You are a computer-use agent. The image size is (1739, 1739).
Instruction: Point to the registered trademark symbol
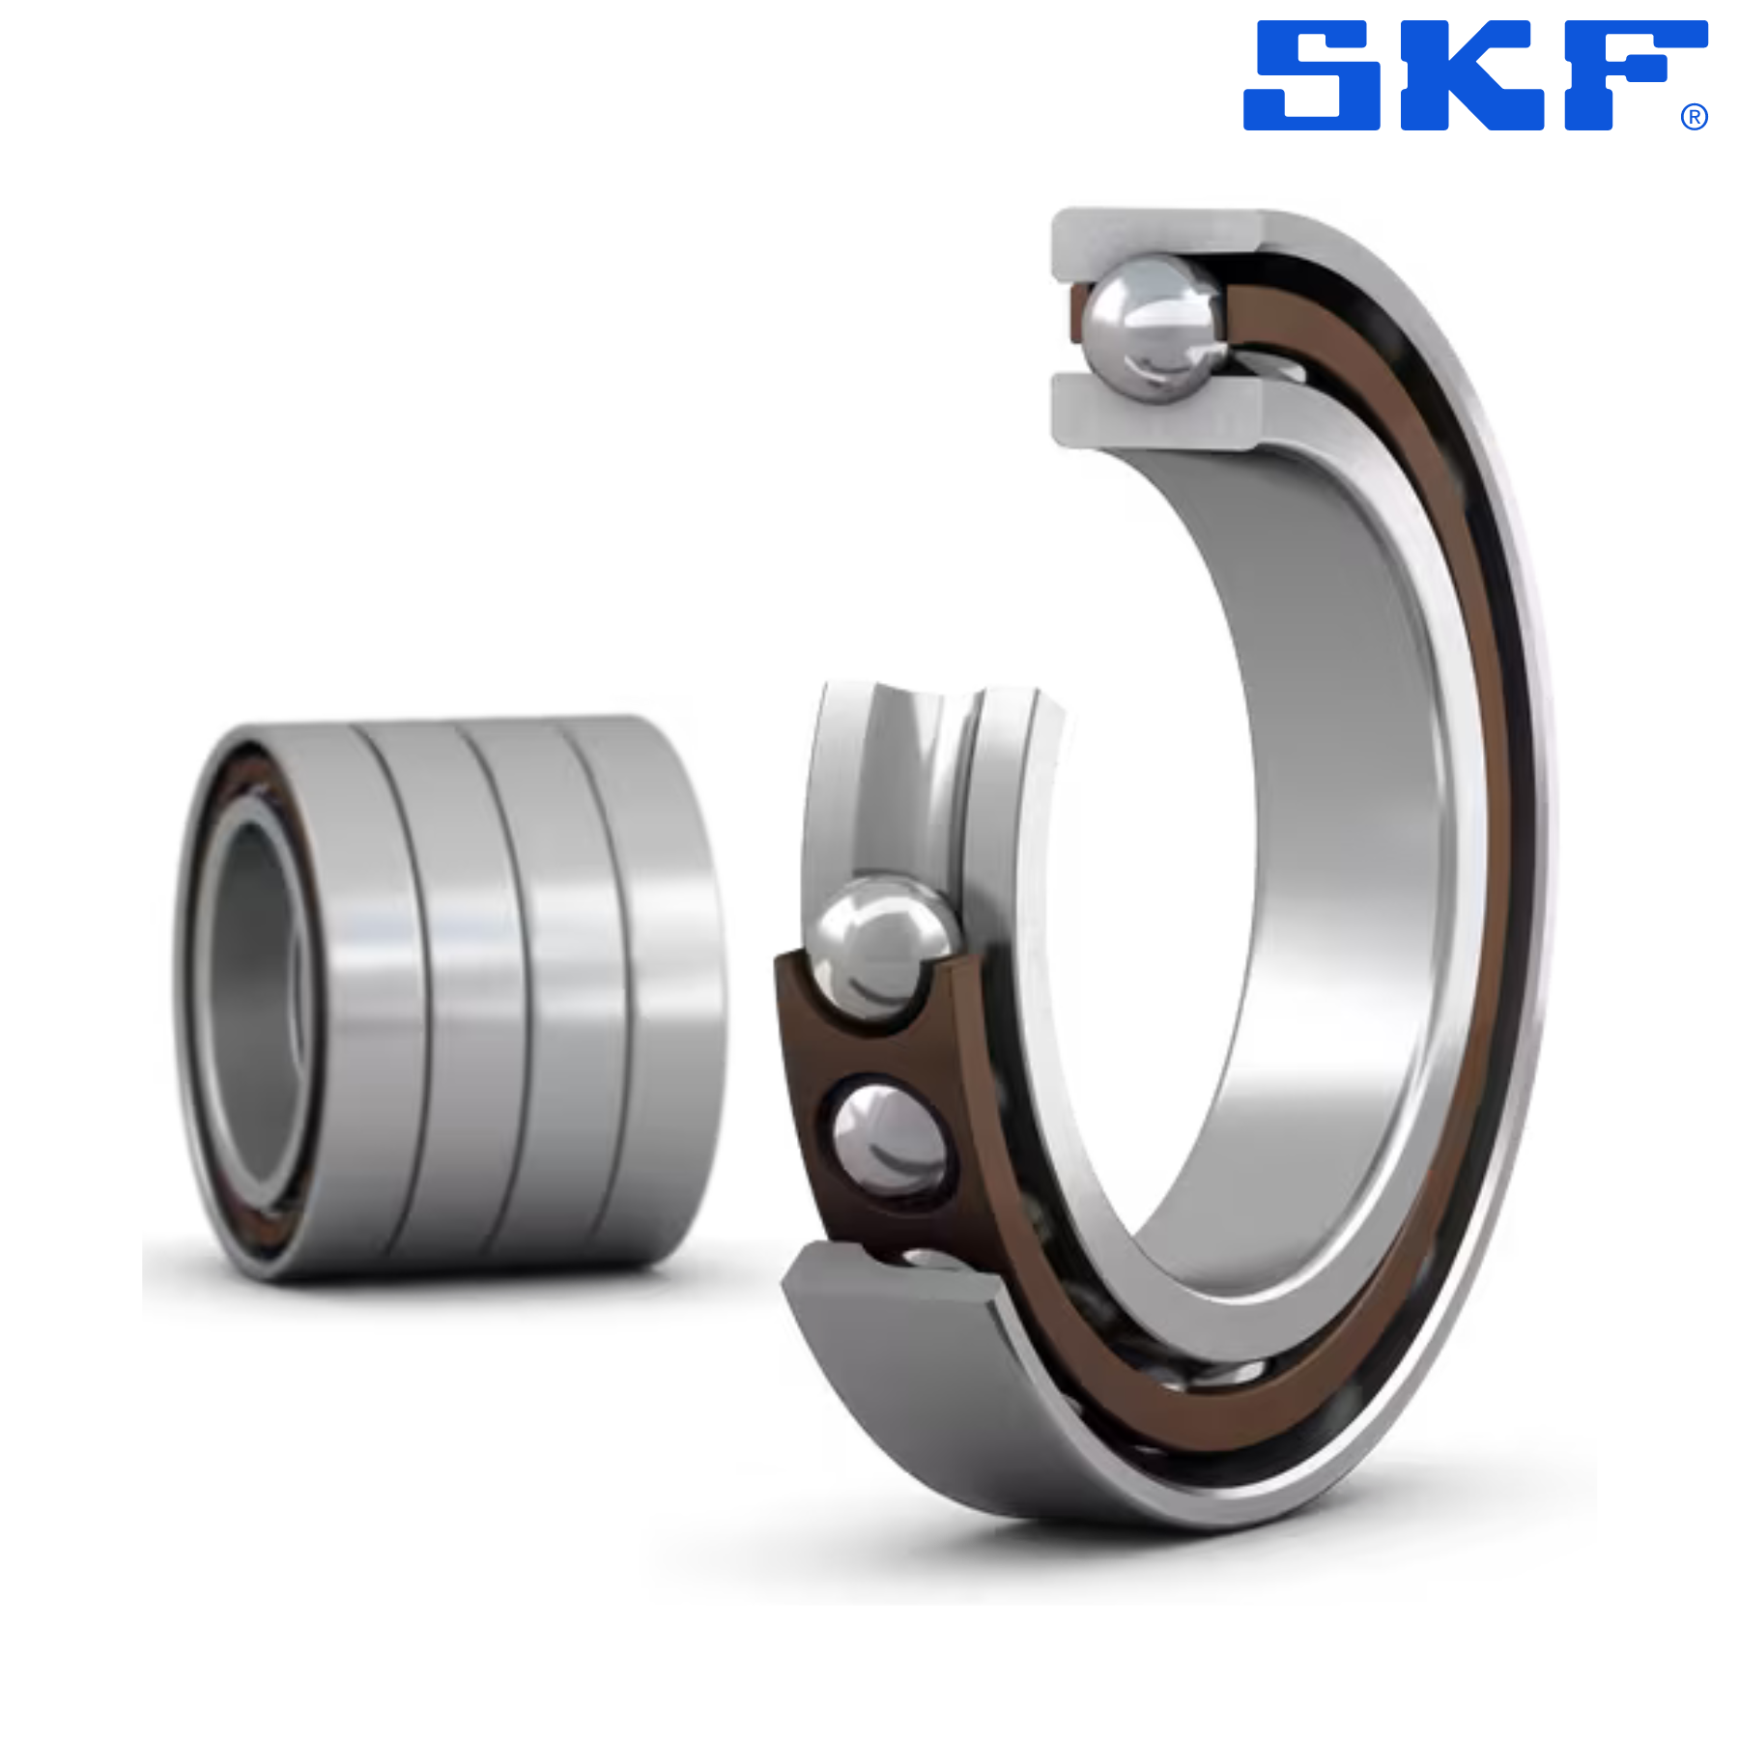pos(1694,117)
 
